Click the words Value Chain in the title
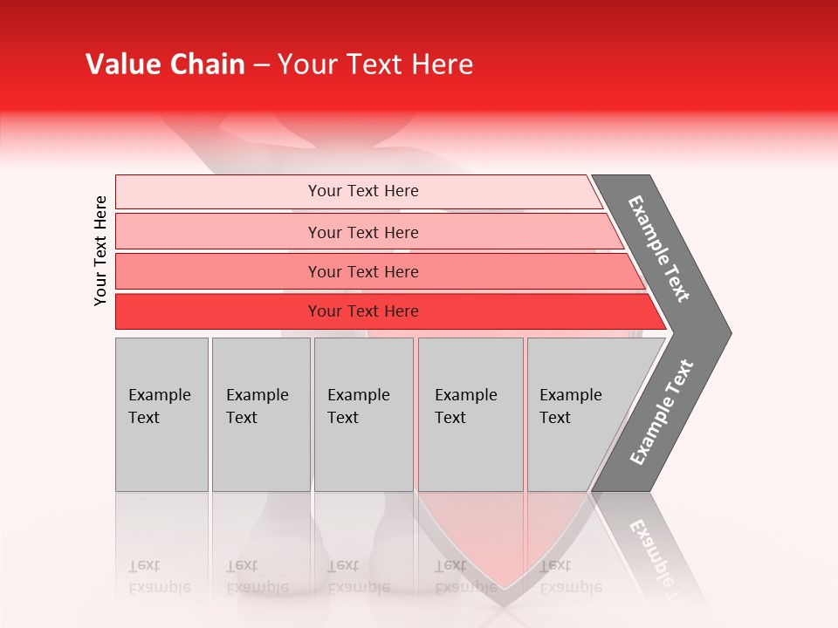coord(165,65)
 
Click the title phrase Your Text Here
coord(375,65)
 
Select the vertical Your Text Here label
coord(100,250)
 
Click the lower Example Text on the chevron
coord(661,412)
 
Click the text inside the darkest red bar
coord(363,311)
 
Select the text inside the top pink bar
coord(363,191)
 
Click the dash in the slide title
coord(261,65)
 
